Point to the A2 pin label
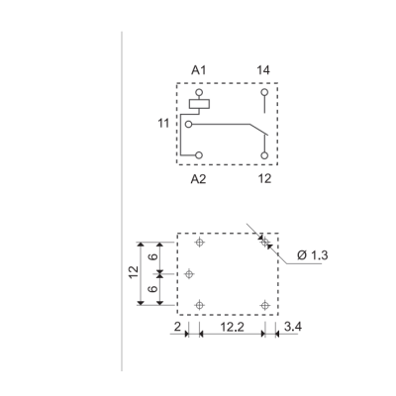click(198, 181)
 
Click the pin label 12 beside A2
click(263, 181)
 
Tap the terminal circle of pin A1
click(199, 91)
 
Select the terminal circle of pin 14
click(264, 92)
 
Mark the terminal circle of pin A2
click(199, 155)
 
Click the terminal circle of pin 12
click(264, 155)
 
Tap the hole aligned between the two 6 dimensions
click(191, 273)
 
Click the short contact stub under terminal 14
click(264, 108)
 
